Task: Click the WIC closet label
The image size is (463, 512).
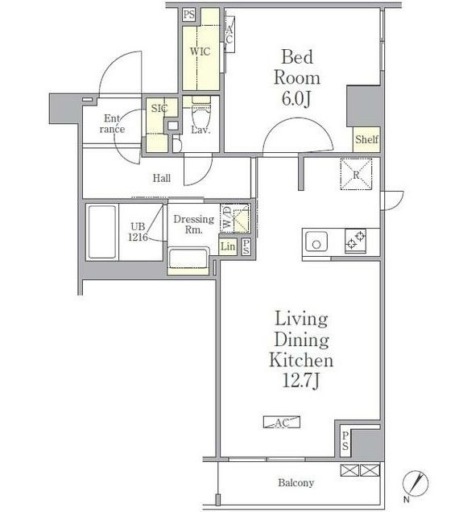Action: [200, 52]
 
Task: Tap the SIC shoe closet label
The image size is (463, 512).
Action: [159, 108]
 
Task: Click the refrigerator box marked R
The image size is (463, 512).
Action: [356, 174]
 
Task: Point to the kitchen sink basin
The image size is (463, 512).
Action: [316, 242]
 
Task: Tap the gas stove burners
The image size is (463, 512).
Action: [355, 241]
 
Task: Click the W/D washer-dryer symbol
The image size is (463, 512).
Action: [235, 218]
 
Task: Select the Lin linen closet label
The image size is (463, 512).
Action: [228, 246]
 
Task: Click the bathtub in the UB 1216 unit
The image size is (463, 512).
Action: [102, 232]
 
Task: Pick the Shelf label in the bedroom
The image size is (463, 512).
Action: [366, 140]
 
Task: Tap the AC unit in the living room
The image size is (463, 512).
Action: [282, 422]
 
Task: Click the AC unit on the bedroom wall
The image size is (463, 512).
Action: [229, 35]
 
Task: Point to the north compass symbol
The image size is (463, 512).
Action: [415, 483]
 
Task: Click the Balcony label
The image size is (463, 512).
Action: [296, 482]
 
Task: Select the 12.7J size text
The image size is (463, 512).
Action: [300, 381]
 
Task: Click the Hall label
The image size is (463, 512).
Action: [162, 178]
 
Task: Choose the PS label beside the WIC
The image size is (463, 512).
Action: [188, 14]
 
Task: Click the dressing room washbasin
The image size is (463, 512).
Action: [188, 259]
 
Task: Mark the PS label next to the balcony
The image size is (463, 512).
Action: [345, 440]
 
